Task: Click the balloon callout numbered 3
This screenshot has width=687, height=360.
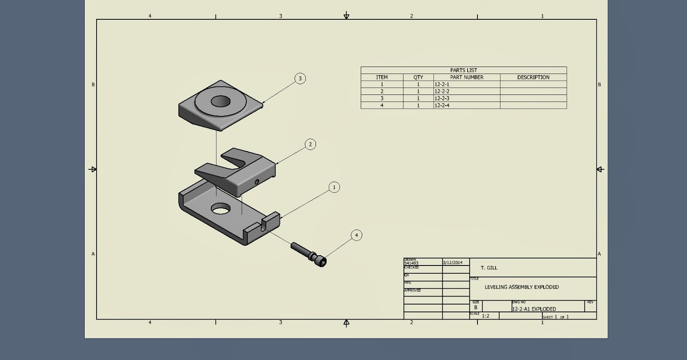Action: coord(300,79)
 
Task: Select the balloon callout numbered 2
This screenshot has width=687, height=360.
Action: coord(310,144)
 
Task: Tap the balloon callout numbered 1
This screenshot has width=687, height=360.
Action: coord(334,187)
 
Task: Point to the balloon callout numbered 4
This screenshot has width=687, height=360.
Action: coord(356,235)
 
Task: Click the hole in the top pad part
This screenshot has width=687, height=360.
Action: coord(220,101)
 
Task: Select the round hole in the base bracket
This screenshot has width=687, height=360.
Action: coord(220,209)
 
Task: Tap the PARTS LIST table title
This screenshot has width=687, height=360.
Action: coord(463,70)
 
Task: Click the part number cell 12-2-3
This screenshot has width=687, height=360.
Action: coord(442,98)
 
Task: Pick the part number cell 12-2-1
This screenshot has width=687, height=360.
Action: coord(442,85)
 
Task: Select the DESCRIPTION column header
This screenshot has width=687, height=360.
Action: coord(533,77)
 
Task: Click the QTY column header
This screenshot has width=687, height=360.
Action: coord(418,77)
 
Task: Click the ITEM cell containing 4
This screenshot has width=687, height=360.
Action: coord(382,105)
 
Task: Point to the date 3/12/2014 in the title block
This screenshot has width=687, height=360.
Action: coord(453,262)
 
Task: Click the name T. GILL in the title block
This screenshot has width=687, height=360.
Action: coord(489,268)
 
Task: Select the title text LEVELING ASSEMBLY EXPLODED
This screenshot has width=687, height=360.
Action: coord(521,287)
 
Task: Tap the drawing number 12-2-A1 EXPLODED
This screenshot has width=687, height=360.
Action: coord(534,309)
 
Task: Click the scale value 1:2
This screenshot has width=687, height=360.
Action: coord(485,316)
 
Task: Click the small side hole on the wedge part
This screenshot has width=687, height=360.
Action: coord(257,182)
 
